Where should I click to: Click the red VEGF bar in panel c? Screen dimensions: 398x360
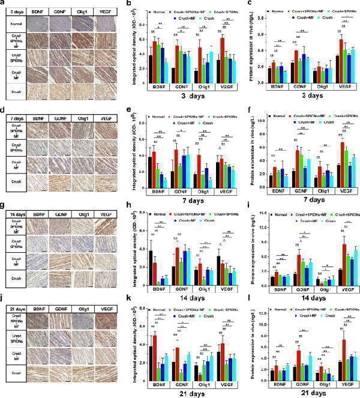click(325, 56)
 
